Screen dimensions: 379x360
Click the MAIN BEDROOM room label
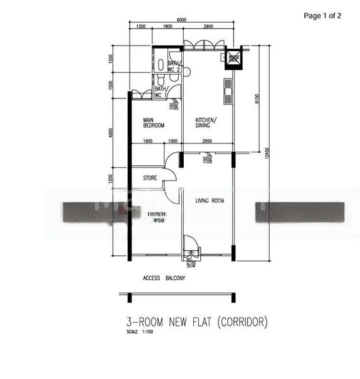153,123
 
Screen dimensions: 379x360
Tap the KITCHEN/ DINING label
206,123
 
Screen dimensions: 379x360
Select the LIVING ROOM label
210,201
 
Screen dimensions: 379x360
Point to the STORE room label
150,178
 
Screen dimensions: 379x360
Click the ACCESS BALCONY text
164,278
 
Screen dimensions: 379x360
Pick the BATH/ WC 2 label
174,66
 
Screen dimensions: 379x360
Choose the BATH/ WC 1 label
160,92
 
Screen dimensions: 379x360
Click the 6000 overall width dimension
181,20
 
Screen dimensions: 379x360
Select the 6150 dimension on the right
257,100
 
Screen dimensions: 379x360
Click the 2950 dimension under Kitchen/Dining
207,141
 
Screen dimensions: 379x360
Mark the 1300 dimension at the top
141,27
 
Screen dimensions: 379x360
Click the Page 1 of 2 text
322,16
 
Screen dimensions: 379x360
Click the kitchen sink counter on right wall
227,92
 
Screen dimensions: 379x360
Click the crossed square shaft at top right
234,58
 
